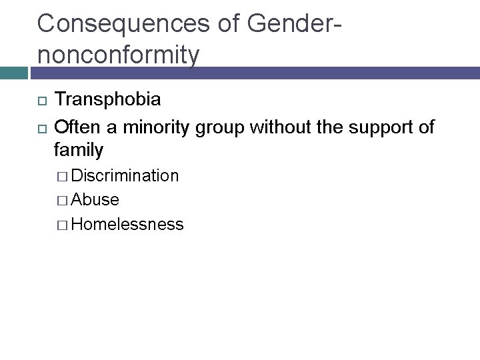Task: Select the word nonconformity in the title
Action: click(x=118, y=54)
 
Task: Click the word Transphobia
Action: click(x=107, y=100)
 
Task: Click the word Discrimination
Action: click(x=125, y=176)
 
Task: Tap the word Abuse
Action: click(x=95, y=200)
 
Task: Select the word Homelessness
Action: click(x=127, y=225)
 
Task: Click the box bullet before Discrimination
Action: click(x=63, y=177)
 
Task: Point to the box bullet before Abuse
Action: click(x=63, y=201)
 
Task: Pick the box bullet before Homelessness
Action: click(x=63, y=225)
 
